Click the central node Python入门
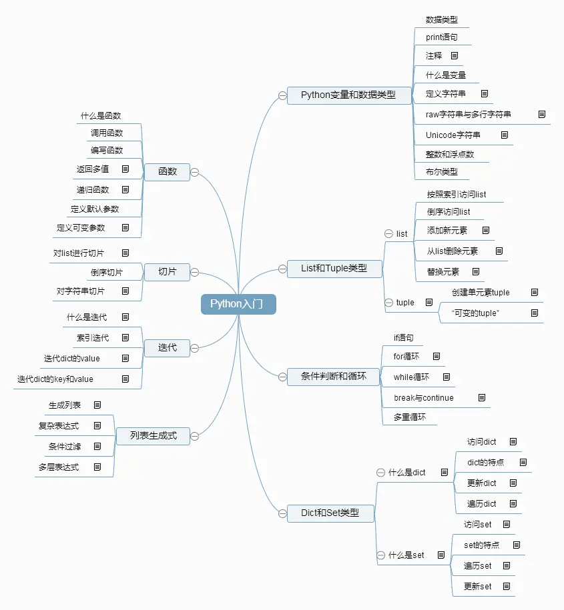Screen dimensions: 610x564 [238, 304]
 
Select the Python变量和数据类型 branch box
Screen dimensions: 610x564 [348, 95]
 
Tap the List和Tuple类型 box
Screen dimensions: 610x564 [334, 268]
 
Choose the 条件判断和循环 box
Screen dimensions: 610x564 [334, 376]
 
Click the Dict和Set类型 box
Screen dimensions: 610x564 [330, 513]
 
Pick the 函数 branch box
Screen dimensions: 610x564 [168, 171]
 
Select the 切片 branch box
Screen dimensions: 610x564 [168, 271]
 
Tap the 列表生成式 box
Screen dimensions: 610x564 [154, 435]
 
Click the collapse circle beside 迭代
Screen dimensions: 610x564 [195, 347]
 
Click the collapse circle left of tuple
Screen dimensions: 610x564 [388, 303]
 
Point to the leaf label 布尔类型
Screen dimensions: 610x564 [442, 172]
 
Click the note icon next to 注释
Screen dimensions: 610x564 [455, 56]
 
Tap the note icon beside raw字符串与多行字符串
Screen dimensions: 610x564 [542, 115]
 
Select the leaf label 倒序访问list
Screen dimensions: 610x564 [449, 211]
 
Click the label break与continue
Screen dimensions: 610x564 [423, 398]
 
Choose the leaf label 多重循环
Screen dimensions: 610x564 [410, 417]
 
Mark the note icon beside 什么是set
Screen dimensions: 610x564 [441, 555]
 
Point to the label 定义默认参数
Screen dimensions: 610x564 [95, 209]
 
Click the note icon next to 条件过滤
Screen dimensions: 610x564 [97, 446]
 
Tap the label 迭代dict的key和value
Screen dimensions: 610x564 [55, 379]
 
